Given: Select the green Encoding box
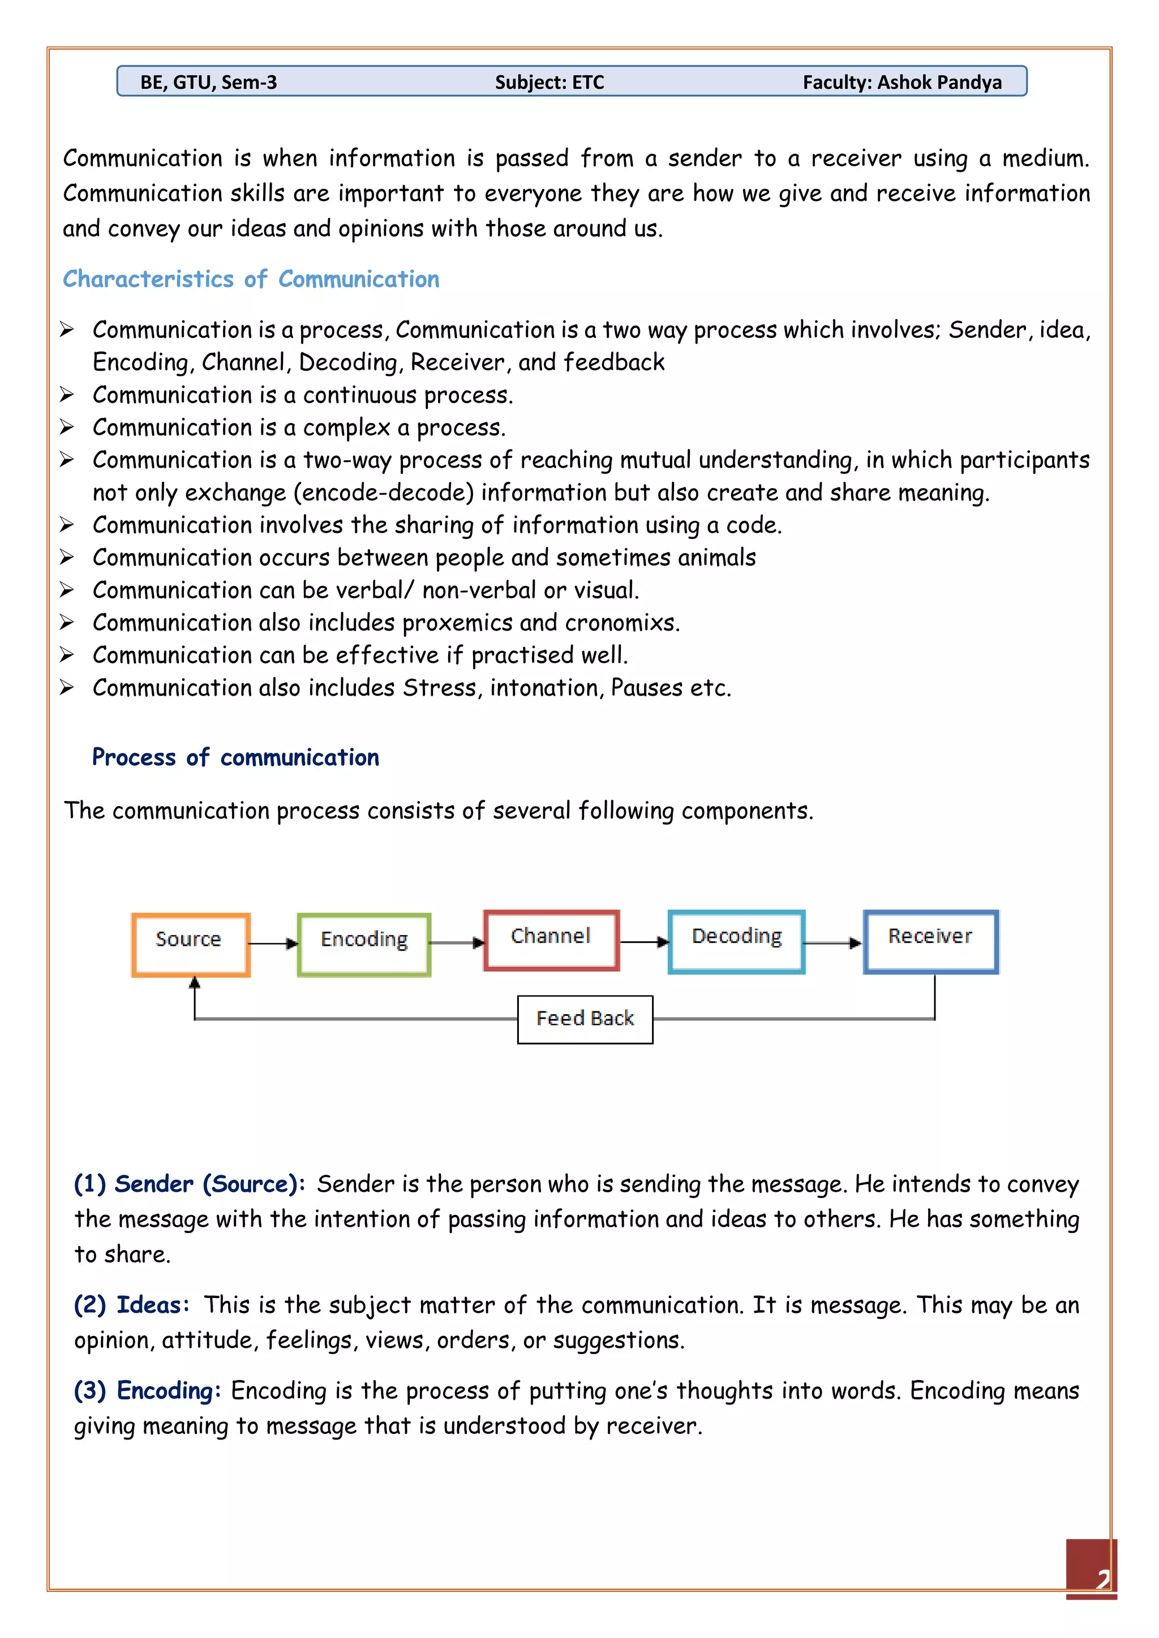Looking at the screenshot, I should click(x=364, y=945).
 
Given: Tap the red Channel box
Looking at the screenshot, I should click(x=551, y=940).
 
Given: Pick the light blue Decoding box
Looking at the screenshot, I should click(x=736, y=941).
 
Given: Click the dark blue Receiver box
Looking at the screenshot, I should click(x=930, y=941).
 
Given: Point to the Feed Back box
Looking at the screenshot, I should click(x=585, y=1019).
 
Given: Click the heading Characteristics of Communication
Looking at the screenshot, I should click(x=251, y=279).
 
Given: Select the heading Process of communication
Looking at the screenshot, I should click(x=235, y=757).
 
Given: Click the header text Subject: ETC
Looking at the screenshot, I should click(x=550, y=82).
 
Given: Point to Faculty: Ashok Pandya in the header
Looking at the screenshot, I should click(x=902, y=82).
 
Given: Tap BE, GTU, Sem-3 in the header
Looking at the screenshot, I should click(x=208, y=82).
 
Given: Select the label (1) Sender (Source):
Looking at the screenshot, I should click(x=190, y=1184).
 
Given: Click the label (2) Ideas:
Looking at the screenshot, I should click(x=132, y=1305).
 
